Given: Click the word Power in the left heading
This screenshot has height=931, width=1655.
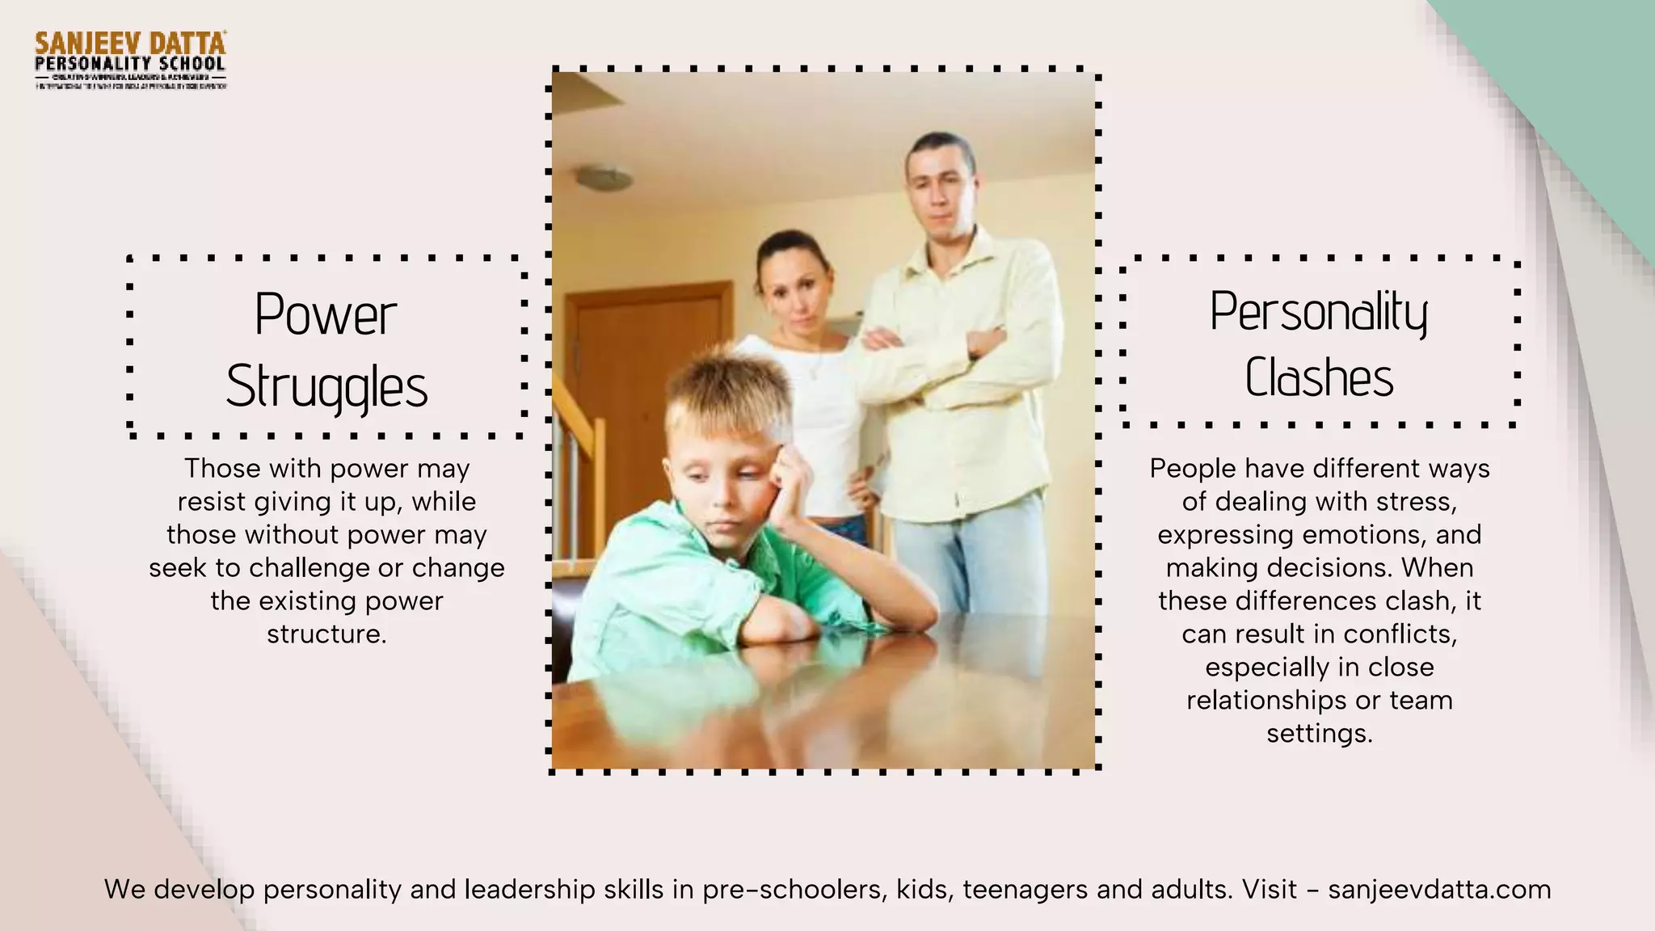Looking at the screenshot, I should coord(326,314).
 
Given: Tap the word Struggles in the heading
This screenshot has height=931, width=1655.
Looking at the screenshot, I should coord(326,386).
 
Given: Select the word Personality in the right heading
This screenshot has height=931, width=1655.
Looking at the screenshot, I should coord(1319,312).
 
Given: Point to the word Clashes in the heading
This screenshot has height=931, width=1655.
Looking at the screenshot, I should coord(1319,377).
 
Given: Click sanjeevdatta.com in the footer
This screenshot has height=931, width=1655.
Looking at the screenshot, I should coord(1439,890).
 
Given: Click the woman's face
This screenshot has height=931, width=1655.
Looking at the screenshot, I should coord(794,287).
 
